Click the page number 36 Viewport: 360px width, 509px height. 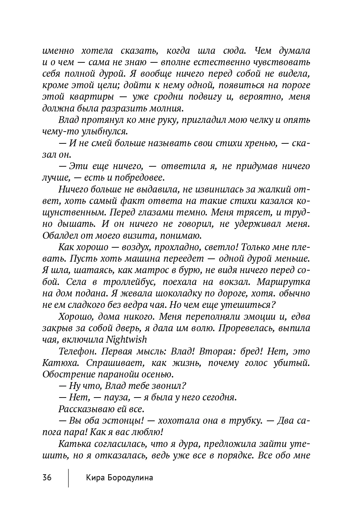click(x=47, y=477)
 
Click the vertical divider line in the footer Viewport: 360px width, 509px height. click(x=68, y=477)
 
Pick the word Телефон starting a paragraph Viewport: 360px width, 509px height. click(x=74, y=351)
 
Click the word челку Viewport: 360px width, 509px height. click(x=259, y=120)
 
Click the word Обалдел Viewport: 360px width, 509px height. click(x=59, y=236)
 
